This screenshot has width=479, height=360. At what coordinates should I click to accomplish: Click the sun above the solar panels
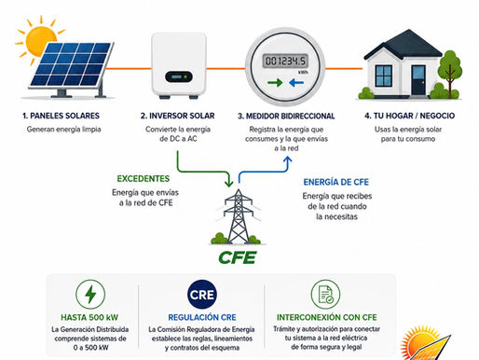point(39,39)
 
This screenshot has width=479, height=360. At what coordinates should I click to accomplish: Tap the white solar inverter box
point(179,65)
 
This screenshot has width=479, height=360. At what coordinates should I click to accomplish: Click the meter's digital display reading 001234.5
point(285,61)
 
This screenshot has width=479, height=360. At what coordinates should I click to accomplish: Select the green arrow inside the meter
point(275,83)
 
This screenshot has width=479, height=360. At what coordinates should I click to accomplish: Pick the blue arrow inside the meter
point(296,83)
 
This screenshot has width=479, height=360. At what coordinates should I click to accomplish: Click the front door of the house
point(418,80)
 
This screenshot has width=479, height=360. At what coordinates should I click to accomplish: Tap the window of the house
point(384,76)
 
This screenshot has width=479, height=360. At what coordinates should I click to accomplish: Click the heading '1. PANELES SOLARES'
point(61,116)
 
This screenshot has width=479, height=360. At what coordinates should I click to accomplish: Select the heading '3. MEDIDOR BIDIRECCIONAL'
point(286,117)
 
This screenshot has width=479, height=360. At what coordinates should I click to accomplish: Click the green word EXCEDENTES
point(144,179)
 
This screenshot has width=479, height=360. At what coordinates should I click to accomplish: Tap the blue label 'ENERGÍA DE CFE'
point(336,182)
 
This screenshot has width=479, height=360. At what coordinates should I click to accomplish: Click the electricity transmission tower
point(238,216)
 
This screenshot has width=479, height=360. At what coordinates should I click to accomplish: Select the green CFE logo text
point(238,257)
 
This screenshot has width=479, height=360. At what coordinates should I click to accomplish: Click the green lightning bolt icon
point(90,295)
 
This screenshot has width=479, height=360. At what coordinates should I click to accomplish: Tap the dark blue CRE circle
point(202,295)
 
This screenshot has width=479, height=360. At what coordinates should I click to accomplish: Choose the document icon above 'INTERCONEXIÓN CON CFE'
point(325,295)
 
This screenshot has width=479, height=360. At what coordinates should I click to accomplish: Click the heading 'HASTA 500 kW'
point(89,317)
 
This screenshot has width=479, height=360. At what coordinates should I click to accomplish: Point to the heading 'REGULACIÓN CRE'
point(202,317)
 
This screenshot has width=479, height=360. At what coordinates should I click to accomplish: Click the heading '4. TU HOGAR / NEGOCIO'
point(409,116)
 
